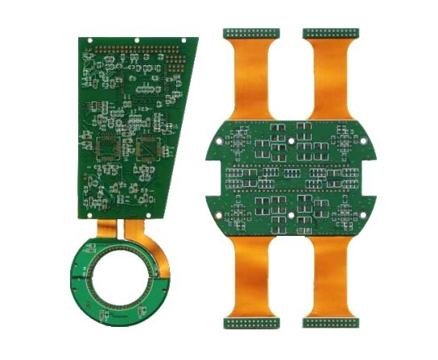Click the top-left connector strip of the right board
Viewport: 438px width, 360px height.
pyautogui.click(x=251, y=34)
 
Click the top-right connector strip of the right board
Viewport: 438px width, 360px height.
pyautogui.click(x=331, y=34)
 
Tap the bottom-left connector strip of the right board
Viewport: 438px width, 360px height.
pyautogui.click(x=251, y=323)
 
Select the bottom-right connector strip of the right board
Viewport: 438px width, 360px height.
pyautogui.click(x=331, y=323)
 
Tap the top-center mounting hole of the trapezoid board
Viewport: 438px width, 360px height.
pyautogui.click(x=137, y=39)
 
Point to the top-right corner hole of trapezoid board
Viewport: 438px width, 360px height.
pyautogui.click(x=187, y=39)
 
